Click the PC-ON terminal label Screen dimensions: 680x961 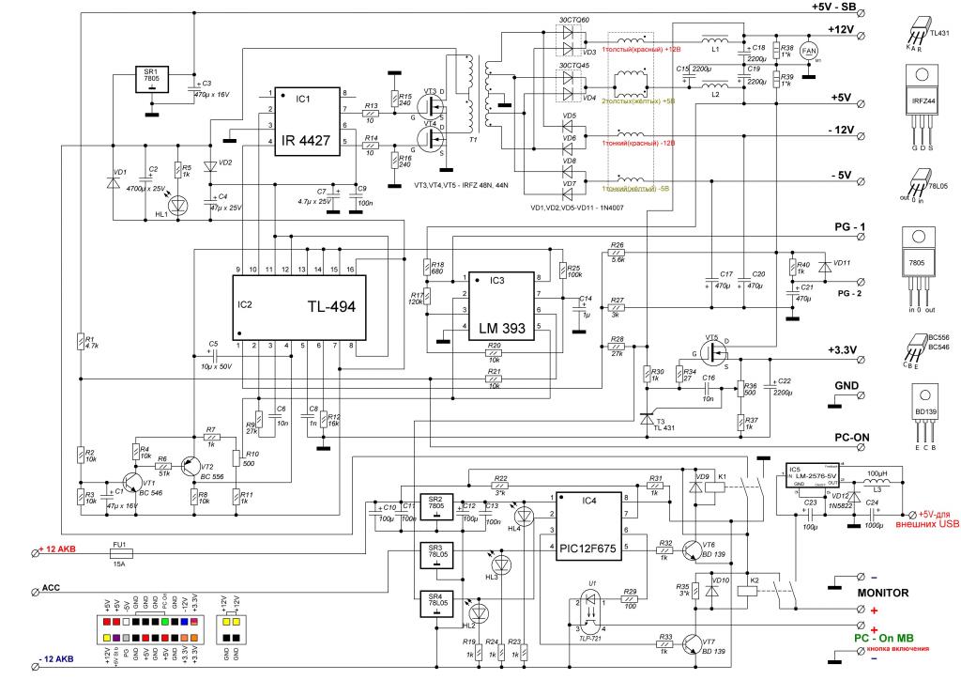848,439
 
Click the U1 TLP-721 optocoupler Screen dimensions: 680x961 591,615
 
